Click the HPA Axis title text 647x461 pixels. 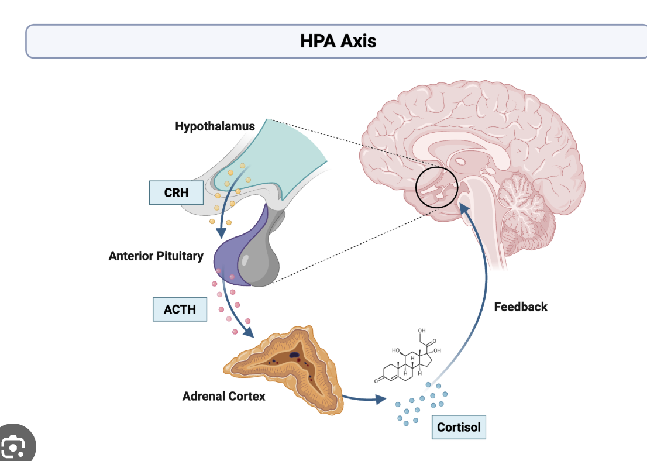[338, 41]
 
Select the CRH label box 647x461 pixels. [176, 192]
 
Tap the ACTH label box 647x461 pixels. [180, 309]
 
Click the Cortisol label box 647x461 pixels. [459, 427]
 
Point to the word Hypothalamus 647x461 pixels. [215, 126]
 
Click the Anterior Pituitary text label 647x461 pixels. [156, 256]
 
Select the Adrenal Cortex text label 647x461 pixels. [223, 396]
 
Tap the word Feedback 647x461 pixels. [521, 307]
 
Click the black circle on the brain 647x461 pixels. [436, 187]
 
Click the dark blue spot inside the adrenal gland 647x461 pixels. [295, 355]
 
